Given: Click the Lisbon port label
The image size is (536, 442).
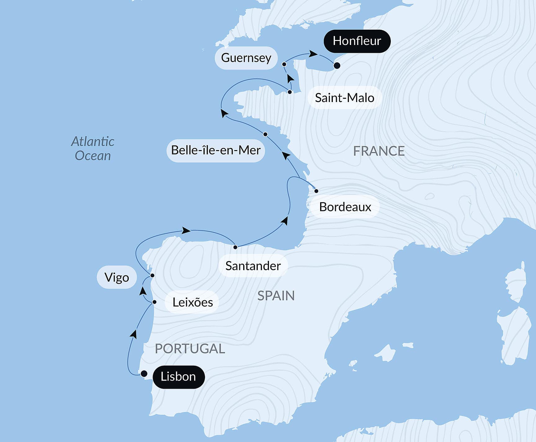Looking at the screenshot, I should coord(178,377).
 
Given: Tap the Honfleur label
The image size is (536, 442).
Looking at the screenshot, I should coord(357,41).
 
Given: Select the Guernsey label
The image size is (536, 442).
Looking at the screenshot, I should coord(246,58).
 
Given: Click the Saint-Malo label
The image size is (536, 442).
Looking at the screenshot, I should coord(344,98).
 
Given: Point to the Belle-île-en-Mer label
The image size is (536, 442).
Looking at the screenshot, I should coord(216,150).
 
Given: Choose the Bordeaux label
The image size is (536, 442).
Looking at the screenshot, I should coord(345,207).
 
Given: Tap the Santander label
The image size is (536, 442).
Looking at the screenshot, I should coord(253,266).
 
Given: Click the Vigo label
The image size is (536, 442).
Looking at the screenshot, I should coord(117,277).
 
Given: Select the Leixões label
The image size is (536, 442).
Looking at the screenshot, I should coord(192,302).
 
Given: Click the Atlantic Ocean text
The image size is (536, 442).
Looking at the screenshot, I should coord(92,149).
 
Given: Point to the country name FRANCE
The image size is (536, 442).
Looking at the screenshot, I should coord(379,151).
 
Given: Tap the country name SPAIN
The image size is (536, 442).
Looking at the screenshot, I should coord(276,296).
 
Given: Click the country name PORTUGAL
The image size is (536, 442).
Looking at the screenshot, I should coord(190,349).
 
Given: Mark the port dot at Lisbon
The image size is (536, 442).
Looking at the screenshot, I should coord(144,374).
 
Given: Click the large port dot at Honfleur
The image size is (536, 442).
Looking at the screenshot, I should coord(337,65).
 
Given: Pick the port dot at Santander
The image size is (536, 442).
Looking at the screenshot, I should coord(235,247).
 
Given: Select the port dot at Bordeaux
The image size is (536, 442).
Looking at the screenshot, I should coord(316,191).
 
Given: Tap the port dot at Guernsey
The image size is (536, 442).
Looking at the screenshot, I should coord(284,64).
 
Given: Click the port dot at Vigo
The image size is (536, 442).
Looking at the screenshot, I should coord(152,275).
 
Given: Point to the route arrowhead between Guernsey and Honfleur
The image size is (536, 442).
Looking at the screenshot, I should coord(313,54).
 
